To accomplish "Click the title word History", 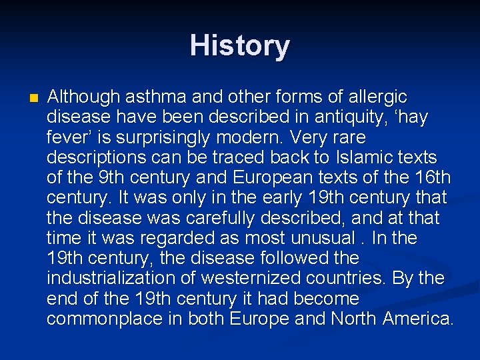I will (240, 46).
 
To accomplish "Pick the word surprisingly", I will (173, 137).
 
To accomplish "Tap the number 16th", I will (431, 178).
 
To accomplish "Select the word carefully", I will (210, 218).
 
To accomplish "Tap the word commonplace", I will (106, 319).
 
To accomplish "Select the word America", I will (418, 319).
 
